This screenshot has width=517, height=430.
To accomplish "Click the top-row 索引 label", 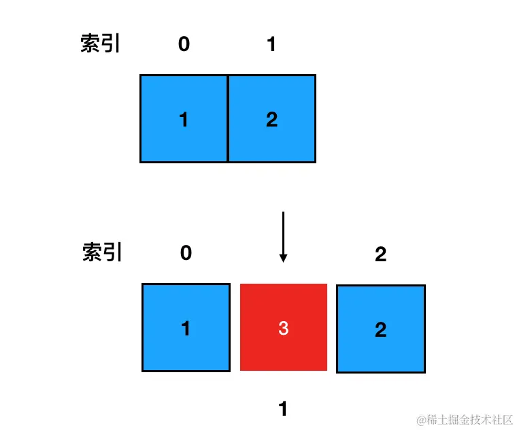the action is click(100, 43).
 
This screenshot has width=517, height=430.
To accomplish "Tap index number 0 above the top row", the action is click(184, 44).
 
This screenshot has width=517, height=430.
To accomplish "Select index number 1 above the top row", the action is click(271, 44).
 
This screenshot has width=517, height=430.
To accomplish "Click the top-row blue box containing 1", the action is click(184, 118).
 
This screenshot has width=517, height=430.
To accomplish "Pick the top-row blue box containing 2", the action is click(271, 118).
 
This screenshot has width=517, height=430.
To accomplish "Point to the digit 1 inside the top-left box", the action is click(184, 119).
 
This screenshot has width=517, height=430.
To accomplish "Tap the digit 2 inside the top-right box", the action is click(272, 119).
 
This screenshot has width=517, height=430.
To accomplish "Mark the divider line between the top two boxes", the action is click(227, 118).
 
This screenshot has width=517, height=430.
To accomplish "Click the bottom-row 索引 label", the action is click(102, 252).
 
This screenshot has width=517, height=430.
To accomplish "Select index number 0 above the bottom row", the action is click(186, 253).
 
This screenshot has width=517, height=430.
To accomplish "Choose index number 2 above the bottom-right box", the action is click(380, 254).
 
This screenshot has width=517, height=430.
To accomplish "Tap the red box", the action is click(284, 327).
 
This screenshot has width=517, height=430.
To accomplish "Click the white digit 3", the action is click(284, 328).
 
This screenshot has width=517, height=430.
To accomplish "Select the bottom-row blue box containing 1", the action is click(186, 327).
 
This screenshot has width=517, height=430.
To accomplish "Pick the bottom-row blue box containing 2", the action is click(381, 329).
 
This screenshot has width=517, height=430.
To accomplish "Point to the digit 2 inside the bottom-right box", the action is click(381, 329).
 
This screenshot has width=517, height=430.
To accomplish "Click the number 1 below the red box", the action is click(282, 408).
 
